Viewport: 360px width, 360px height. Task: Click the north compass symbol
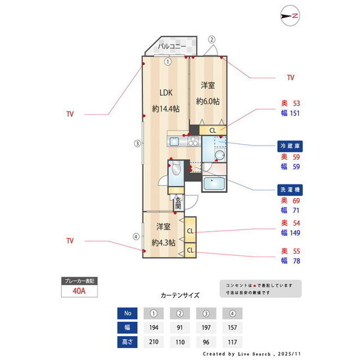291,16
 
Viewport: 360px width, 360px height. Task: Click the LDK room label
165,93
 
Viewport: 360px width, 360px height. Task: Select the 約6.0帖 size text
208,101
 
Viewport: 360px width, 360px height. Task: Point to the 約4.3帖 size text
163,243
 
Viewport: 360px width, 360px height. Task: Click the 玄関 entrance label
178,203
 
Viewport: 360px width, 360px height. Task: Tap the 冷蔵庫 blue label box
290,146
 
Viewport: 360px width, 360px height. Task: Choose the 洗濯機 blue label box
290,189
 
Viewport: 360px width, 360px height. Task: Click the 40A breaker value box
79,291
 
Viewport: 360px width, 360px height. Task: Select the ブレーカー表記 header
79,280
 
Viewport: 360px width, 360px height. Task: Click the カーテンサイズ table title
180,295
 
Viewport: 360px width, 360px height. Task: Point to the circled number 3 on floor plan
137,143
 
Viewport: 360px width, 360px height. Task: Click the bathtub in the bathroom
214,184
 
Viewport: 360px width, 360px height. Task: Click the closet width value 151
294,113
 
